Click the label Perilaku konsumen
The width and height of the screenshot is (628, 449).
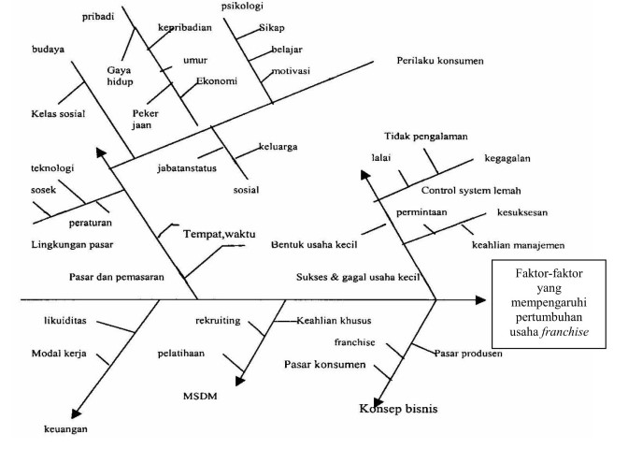440,61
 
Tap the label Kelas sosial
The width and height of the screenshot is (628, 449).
58,114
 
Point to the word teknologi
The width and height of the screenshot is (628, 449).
52,169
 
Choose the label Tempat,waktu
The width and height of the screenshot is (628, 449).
219,233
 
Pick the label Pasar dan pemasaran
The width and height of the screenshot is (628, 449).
119,278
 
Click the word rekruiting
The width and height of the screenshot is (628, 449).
218,321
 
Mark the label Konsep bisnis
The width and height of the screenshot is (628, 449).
398,409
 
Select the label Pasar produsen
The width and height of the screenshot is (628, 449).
468,353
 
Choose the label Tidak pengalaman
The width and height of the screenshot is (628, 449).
425,137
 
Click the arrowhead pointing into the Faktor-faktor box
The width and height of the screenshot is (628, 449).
480,299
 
